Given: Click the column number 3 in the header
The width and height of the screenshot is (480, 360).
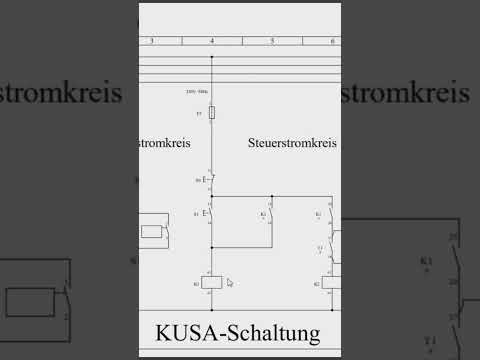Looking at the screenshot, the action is coord(151,41).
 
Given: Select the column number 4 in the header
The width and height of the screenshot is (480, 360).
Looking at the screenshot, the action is coord(211,41).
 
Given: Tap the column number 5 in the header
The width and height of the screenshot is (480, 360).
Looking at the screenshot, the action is coord(272,41).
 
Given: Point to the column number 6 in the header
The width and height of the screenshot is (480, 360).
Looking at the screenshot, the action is coord(332,41).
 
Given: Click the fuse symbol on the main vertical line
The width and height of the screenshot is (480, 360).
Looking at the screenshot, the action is coord(211,114).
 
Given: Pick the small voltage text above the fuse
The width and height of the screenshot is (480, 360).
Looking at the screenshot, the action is coord(197,92).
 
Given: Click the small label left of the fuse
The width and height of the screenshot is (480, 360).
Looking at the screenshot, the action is coord(199,115).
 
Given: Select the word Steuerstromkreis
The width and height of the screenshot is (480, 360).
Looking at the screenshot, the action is coord(292,144).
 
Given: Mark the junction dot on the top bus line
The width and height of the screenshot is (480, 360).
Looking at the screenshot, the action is coord(211,57).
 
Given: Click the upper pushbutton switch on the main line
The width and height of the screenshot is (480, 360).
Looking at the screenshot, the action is coord(209,180).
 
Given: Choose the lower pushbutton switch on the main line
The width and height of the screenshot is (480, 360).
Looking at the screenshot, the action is coord(209,214).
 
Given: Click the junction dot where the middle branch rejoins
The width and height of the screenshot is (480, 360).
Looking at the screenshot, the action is coord(211,246).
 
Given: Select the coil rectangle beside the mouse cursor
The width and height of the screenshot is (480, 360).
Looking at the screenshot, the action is coord(211,283).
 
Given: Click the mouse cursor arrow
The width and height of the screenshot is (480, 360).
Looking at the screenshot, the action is coord(229,283).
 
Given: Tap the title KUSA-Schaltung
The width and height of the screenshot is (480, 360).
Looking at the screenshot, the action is coord(239,331).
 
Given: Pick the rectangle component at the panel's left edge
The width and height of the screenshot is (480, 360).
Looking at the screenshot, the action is coord(152,231).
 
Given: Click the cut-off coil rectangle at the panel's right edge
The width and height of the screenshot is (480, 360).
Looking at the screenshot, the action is coord(330,283).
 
